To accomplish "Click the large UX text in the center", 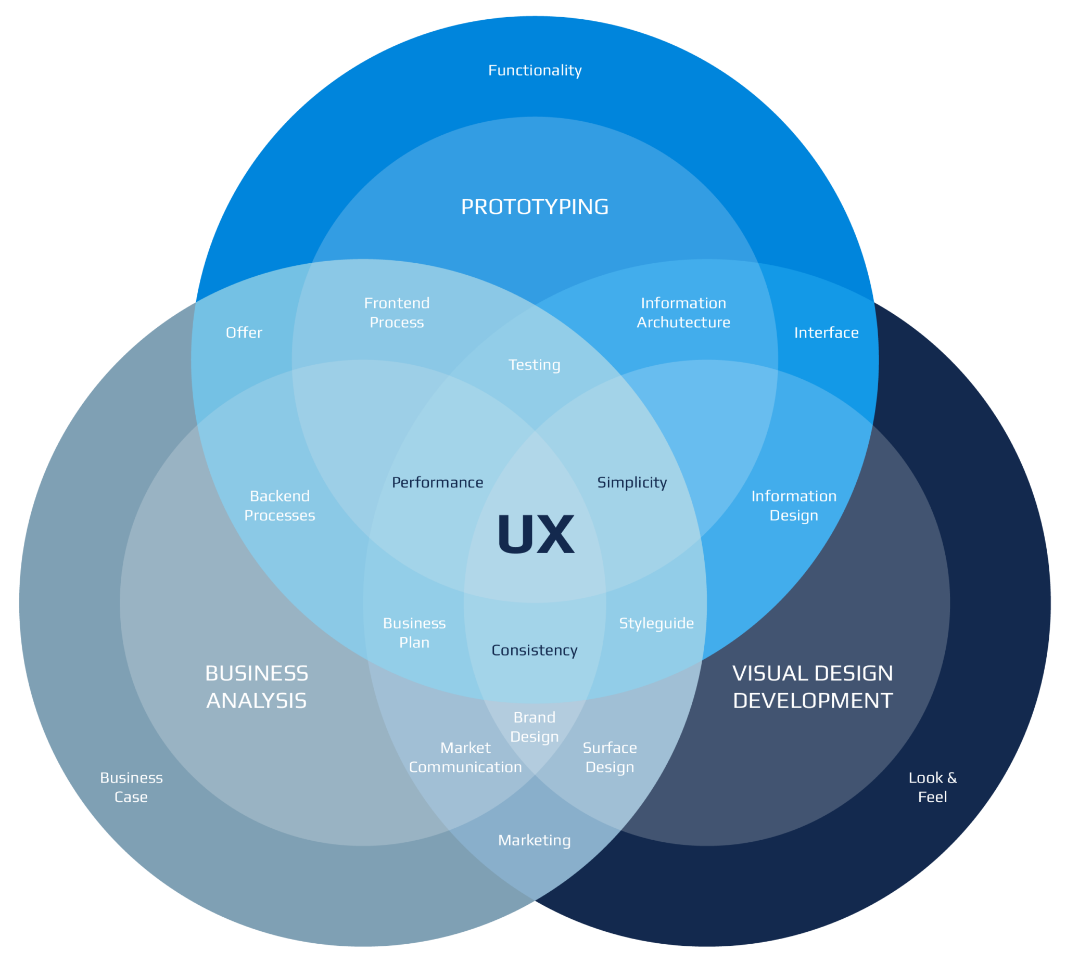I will pos(535,534).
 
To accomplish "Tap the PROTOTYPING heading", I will pos(535,207).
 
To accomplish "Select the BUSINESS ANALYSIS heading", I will pos(257,687).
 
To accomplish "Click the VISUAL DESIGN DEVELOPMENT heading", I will pos(813,687).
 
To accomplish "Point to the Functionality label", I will pos(535,70).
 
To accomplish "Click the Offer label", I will pos(244,332).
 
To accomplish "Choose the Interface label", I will pos(826,332).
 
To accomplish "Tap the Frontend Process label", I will pos(397,312).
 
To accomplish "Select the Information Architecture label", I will pos(683,312).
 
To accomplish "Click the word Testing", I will pos(534,365).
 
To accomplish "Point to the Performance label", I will pos(437,482).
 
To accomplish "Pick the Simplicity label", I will pos(632,482).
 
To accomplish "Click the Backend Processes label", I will pos(280,505).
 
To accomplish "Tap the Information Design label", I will pos(794,505).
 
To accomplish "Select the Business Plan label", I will pos(414,633).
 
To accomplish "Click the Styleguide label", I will pos(656,623).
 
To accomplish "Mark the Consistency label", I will pos(534,650).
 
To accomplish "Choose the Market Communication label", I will pos(465,757).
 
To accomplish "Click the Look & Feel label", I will pos(932,787).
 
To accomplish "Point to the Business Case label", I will pos(131,787).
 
